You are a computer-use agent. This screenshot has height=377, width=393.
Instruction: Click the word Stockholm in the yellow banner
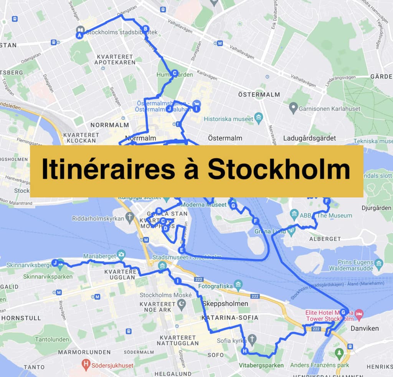(x=279, y=170)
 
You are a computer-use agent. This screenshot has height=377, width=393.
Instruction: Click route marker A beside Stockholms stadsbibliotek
(x=80, y=35)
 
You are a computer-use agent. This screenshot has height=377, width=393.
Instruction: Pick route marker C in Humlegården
(x=174, y=73)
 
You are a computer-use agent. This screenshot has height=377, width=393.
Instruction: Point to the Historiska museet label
(x=228, y=119)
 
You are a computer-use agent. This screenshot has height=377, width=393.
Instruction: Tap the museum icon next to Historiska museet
(x=259, y=116)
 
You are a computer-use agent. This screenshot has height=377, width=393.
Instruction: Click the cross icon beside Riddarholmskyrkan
(x=130, y=218)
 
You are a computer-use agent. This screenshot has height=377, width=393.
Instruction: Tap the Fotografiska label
(x=216, y=286)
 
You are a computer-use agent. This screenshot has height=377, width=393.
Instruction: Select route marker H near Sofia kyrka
(x=244, y=351)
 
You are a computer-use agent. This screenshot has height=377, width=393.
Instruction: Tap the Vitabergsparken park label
(x=261, y=365)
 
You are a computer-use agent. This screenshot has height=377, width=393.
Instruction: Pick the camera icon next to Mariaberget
(x=122, y=254)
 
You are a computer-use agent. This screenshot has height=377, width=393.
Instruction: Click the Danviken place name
(x=365, y=328)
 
